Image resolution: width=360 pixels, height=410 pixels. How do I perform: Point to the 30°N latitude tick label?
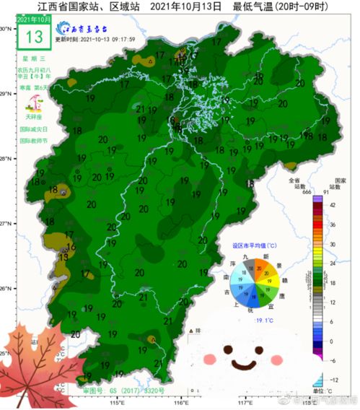(x=6, y=28)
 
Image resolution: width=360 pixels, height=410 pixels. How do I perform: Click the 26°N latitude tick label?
(x=6, y=289)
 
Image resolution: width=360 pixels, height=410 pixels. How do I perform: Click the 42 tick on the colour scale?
(x=333, y=205)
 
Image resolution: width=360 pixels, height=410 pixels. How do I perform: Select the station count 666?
(x=291, y=191)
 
